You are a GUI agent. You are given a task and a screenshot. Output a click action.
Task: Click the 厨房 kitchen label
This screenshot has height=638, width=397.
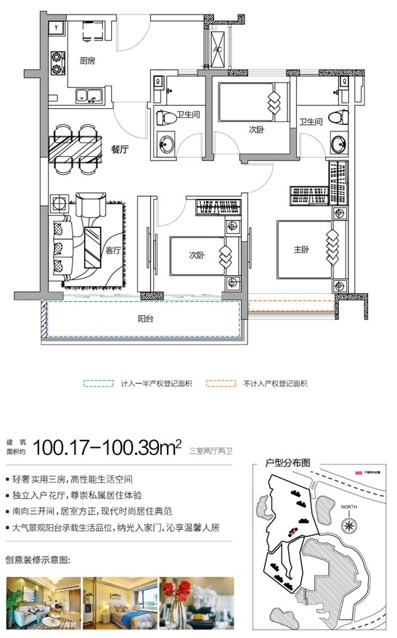(88, 60)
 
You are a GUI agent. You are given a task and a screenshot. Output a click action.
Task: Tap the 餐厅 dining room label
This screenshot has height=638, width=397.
(120, 150)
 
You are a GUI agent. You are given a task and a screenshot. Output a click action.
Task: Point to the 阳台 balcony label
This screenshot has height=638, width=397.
(147, 318)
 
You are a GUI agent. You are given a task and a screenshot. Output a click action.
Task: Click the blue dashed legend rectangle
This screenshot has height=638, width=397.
(99, 384)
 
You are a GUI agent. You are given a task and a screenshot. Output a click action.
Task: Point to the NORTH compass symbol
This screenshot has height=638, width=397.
(351, 522)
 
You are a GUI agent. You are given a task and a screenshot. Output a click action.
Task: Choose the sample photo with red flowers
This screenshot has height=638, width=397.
(197, 602)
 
